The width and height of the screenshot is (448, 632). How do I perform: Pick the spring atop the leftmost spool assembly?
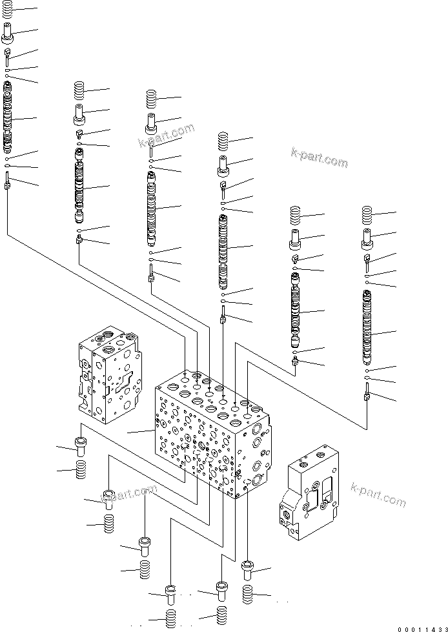pyautogui.click(x=7, y=10)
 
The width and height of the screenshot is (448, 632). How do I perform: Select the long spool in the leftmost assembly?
pyautogui.click(x=7, y=120)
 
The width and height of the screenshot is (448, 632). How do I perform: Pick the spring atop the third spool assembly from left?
pyautogui.click(x=152, y=98)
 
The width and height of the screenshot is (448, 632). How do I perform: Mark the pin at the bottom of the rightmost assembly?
pyautogui.click(x=367, y=392)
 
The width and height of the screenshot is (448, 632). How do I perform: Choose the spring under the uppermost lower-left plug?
pyautogui.click(x=81, y=471)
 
